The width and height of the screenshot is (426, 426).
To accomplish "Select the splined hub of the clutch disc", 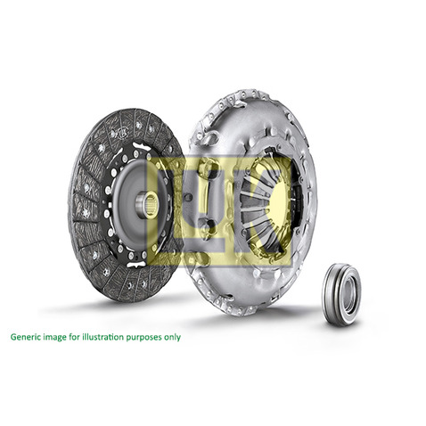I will (147, 204).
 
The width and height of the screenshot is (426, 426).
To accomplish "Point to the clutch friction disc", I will (125, 205).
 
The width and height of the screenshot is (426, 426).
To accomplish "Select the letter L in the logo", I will (169, 212).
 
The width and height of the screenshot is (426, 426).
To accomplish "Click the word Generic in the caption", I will (26, 339).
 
